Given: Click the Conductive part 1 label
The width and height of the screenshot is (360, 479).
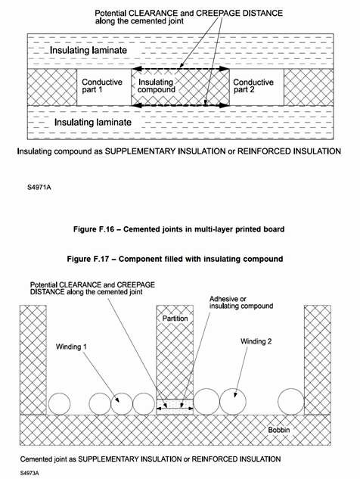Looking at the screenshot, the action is (x=102, y=86).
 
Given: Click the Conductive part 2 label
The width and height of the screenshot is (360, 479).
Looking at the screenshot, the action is (x=253, y=86).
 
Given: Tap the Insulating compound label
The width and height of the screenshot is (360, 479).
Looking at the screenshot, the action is (x=156, y=86).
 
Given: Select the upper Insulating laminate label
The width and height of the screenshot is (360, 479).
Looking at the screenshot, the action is (x=88, y=50).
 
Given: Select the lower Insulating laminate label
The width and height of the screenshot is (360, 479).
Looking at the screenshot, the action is (x=93, y=122).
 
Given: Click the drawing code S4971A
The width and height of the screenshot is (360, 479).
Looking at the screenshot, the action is (x=39, y=187).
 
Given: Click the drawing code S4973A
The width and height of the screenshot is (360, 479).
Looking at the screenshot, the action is (x=29, y=473).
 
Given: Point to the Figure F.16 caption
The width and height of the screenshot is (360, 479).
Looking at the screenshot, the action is (x=179, y=229).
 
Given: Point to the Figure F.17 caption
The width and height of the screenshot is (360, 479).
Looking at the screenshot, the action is (x=175, y=259).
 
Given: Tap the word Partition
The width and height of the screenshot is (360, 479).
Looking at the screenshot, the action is (x=175, y=319).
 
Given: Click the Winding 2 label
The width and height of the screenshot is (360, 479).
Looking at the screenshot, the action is (x=256, y=341).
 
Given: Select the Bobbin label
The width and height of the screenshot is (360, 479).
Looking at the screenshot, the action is (x=279, y=430).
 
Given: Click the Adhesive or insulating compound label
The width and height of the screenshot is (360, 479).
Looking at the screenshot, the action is (x=241, y=303).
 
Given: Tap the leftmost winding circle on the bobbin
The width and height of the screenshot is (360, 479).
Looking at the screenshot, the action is (x=59, y=404).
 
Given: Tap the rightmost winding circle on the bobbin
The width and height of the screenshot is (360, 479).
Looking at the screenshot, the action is (x=291, y=402).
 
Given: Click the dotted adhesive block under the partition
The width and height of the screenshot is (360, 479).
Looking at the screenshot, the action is (x=175, y=407).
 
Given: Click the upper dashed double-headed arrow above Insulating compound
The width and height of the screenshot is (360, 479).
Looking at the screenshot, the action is (x=181, y=69).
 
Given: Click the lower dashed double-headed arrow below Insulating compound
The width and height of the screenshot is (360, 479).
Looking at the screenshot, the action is (x=181, y=105).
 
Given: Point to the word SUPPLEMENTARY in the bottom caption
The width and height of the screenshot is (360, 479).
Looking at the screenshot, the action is (x=130, y=459).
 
